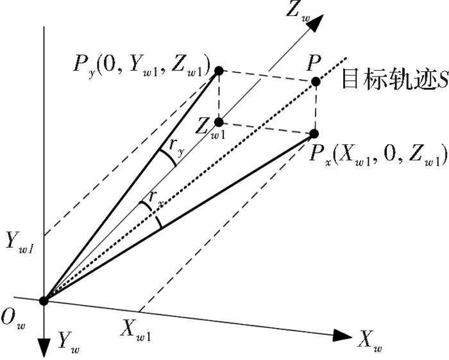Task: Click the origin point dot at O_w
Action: [x=44, y=301]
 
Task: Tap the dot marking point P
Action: [x=316, y=81]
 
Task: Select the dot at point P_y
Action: [x=219, y=71]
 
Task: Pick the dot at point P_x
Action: [x=314, y=133]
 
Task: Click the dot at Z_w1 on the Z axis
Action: [x=219, y=123]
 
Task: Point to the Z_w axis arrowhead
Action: [x=316, y=22]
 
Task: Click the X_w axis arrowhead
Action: [x=343, y=335]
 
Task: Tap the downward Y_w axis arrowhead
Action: [x=44, y=348]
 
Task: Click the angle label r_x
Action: [x=156, y=198]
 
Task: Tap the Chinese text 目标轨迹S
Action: [x=395, y=78]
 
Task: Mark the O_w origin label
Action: [x=13, y=320]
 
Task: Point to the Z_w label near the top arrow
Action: [x=298, y=12]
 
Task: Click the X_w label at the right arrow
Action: [x=370, y=341]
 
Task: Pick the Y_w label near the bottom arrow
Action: [x=69, y=343]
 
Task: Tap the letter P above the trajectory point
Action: [x=314, y=64]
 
